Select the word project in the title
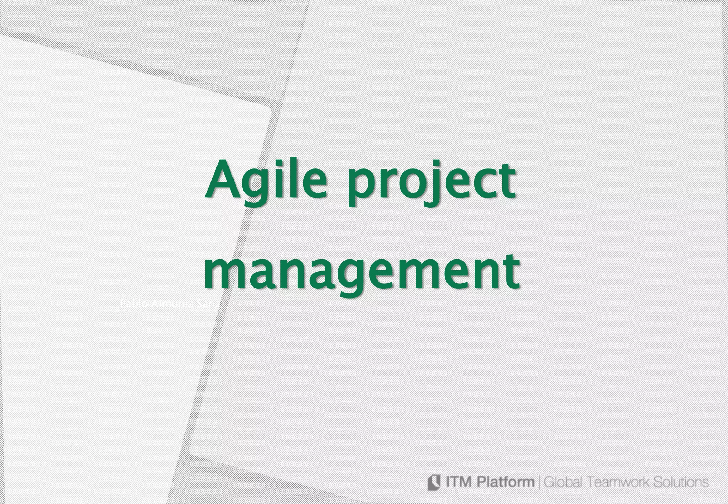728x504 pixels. (431, 181)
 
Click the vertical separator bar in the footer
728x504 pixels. (540, 483)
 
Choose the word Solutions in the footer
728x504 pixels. (683, 482)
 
